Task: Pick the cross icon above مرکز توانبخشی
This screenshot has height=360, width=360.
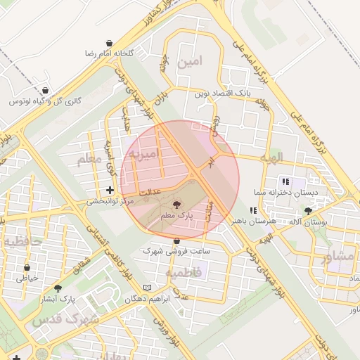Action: click(109, 190)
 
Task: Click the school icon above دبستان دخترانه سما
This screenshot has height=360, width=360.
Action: click(285, 181)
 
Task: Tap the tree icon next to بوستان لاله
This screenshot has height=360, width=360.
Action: click(308, 210)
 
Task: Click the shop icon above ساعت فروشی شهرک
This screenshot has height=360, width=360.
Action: click(176, 241)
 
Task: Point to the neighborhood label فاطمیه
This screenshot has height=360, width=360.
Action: click(184, 271)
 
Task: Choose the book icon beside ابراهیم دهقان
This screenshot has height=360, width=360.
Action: click(146, 288)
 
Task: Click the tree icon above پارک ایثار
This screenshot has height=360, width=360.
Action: click(58, 288)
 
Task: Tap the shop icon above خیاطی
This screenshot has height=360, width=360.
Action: click(27, 268)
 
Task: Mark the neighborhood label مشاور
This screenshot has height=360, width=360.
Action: click(338, 256)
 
